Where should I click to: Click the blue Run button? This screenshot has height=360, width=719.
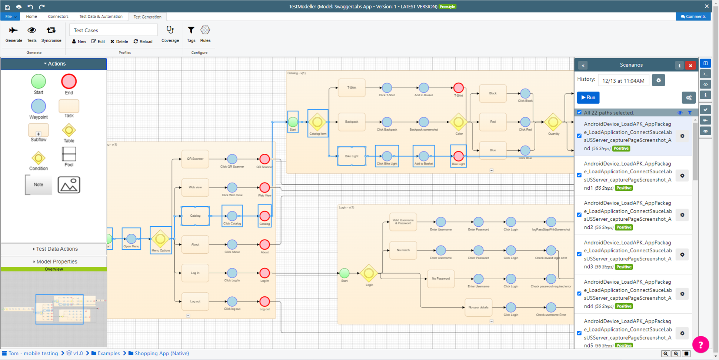[588, 97]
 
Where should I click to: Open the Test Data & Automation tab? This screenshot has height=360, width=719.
[101, 17]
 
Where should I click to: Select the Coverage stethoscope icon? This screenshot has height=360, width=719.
[170, 30]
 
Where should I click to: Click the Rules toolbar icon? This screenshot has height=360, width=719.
[205, 30]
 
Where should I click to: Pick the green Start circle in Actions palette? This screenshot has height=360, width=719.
[39, 81]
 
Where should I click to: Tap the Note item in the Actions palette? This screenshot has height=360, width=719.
[39, 184]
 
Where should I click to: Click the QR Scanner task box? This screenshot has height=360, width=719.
[195, 159]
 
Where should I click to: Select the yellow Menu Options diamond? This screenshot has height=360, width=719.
[160, 239]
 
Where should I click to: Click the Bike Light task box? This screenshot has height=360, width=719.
[352, 156]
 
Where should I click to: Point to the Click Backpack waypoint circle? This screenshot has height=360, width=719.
[387, 122]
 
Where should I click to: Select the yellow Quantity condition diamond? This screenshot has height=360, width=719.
[553, 122]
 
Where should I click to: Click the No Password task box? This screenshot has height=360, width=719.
[440, 279]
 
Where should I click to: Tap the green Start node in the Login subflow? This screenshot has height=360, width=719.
[344, 273]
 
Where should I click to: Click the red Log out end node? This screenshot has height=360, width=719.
[264, 301]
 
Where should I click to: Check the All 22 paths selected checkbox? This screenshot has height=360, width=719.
[579, 113]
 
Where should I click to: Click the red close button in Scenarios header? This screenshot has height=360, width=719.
[690, 66]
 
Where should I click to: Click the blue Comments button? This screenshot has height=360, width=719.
[693, 17]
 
